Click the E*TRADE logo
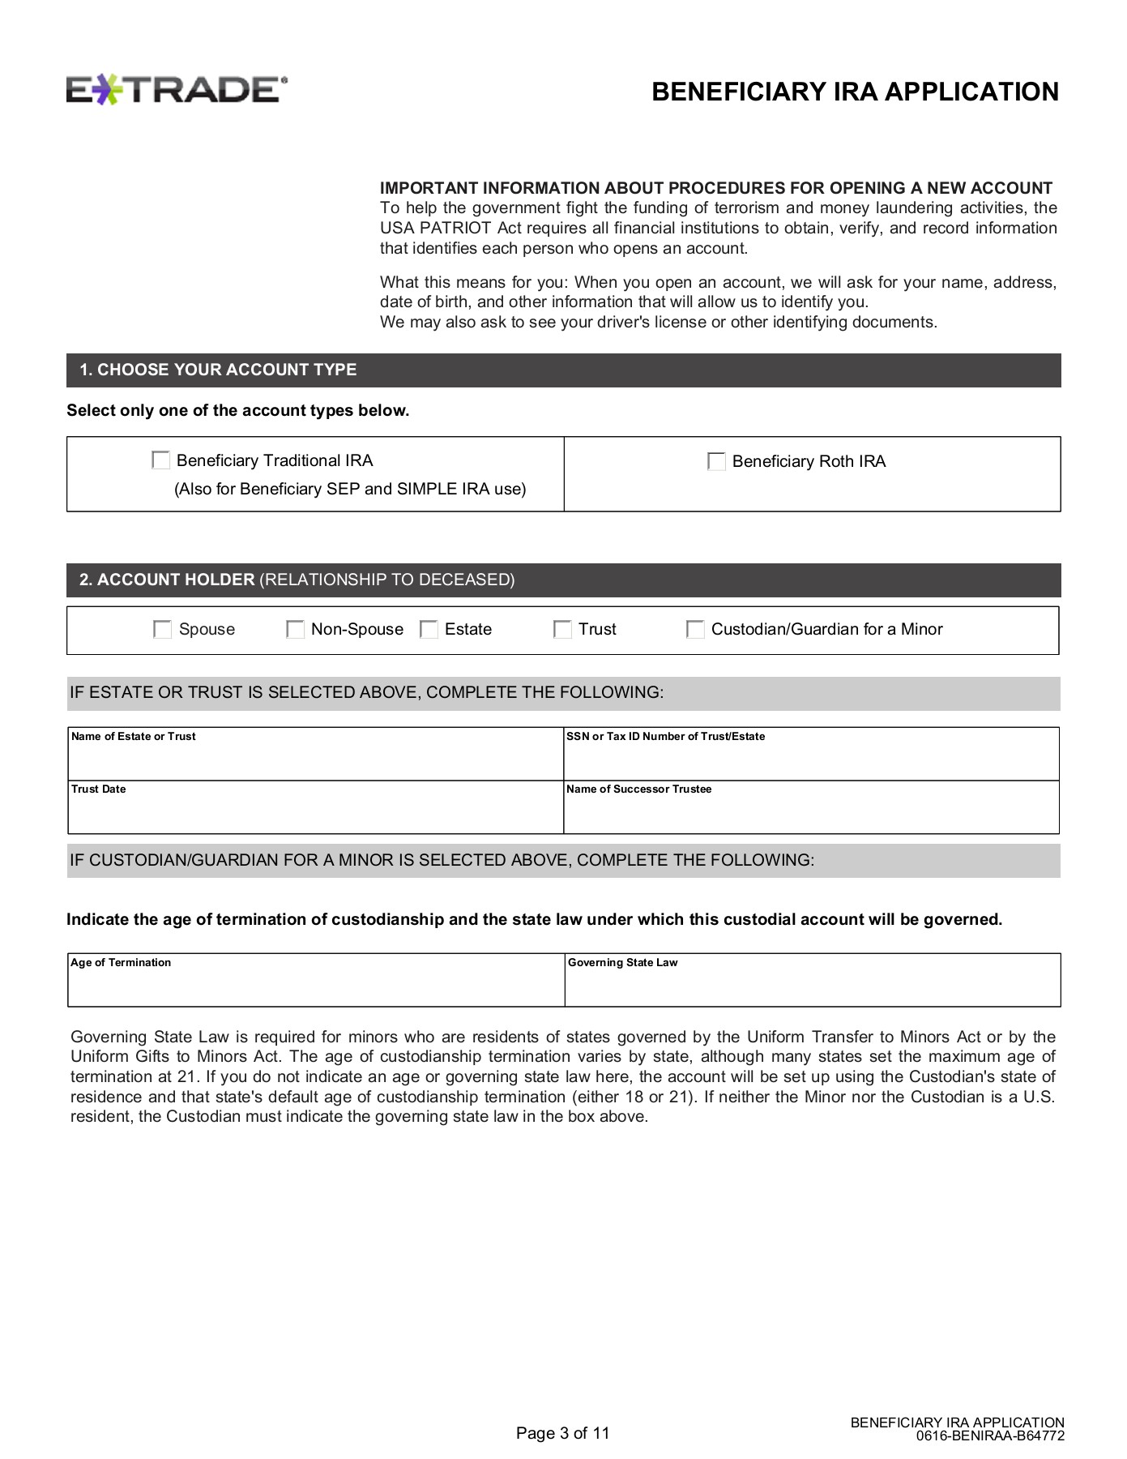(x=177, y=89)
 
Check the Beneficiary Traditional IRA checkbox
(x=161, y=460)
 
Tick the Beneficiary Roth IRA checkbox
(x=716, y=461)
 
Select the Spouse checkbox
(x=163, y=630)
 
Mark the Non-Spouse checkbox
(x=296, y=630)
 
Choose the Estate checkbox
(x=429, y=630)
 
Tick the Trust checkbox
(x=562, y=630)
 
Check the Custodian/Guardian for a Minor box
(x=695, y=630)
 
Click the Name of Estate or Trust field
(x=315, y=759)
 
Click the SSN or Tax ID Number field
(x=811, y=759)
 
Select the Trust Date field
(x=315, y=812)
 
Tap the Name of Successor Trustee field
(x=811, y=812)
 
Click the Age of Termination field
(x=315, y=985)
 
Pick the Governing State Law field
(x=812, y=985)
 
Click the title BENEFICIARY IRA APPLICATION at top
(x=855, y=92)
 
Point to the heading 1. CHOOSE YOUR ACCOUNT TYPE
(x=218, y=370)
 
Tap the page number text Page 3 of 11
(x=562, y=1433)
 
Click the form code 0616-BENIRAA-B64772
(x=990, y=1436)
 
